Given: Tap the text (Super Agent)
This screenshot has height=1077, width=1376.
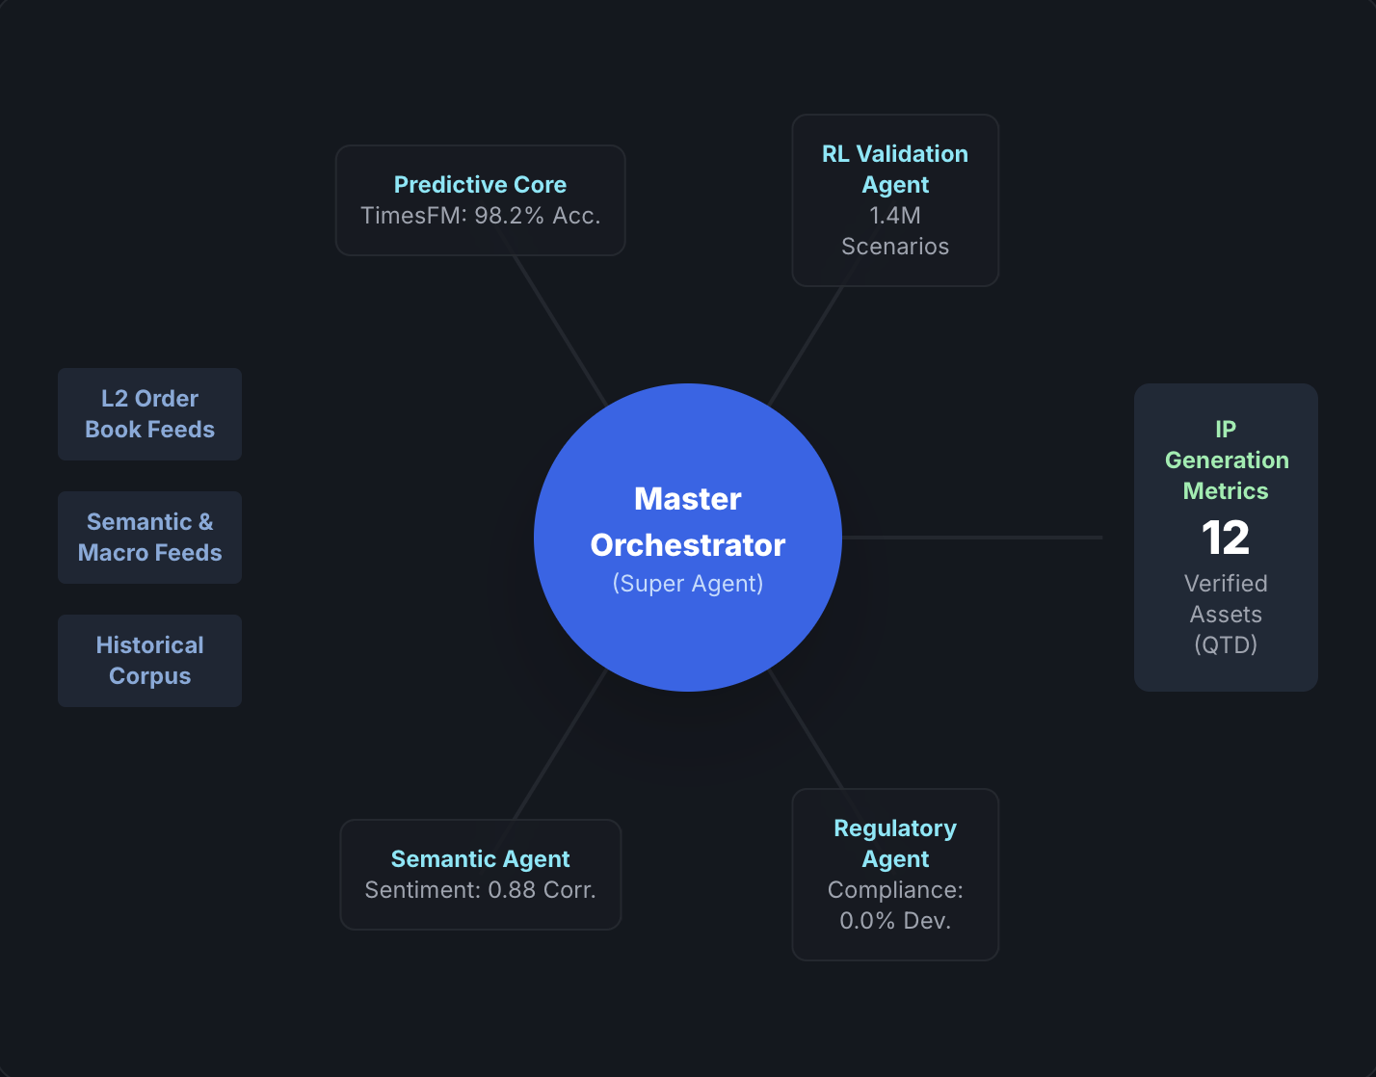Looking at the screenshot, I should pyautogui.click(x=688, y=584).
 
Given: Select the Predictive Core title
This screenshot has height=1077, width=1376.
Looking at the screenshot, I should pyautogui.click(x=480, y=184).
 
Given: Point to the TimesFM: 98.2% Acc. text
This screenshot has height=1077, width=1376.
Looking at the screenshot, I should pyautogui.click(x=480, y=216).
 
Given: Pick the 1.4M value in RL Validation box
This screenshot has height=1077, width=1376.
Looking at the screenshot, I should pyautogui.click(x=895, y=216).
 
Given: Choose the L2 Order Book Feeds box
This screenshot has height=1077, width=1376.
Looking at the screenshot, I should pyautogui.click(x=149, y=414).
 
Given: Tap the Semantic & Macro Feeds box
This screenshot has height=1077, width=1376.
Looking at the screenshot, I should pyautogui.click(x=149, y=538).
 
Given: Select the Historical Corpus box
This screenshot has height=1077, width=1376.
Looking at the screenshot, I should pyautogui.click(x=149, y=661).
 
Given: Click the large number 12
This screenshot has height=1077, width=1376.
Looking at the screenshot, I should pyautogui.click(x=1226, y=538).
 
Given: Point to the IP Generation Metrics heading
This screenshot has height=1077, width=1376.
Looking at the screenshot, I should pyautogui.click(x=1226, y=460).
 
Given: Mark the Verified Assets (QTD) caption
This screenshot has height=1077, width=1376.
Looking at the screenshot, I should pyautogui.click(x=1226, y=615).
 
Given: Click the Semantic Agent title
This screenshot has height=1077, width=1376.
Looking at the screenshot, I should pyautogui.click(x=480, y=858).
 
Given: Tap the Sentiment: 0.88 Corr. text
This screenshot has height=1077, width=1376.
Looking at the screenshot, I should pyautogui.click(x=480, y=890).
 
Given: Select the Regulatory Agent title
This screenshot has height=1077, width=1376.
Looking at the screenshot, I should pyautogui.click(x=895, y=843).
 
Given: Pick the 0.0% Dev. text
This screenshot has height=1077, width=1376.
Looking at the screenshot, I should pyautogui.click(x=895, y=921).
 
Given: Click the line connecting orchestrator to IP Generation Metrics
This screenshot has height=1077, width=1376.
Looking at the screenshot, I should pyautogui.click(x=973, y=538).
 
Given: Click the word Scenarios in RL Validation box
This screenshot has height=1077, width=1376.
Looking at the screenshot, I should pyautogui.click(x=895, y=247).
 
